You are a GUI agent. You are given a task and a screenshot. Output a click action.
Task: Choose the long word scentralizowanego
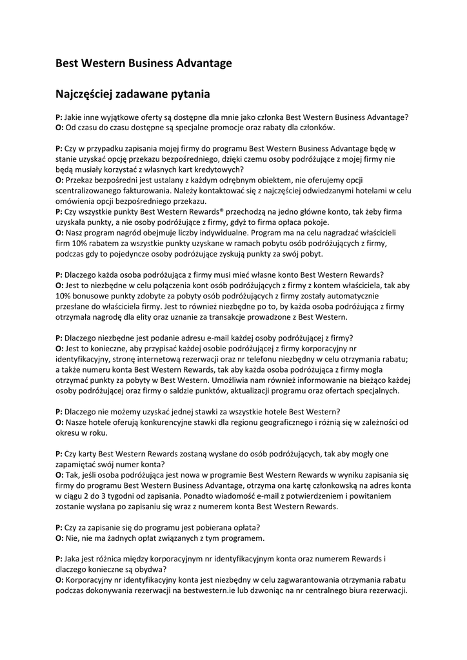coord(92,191)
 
